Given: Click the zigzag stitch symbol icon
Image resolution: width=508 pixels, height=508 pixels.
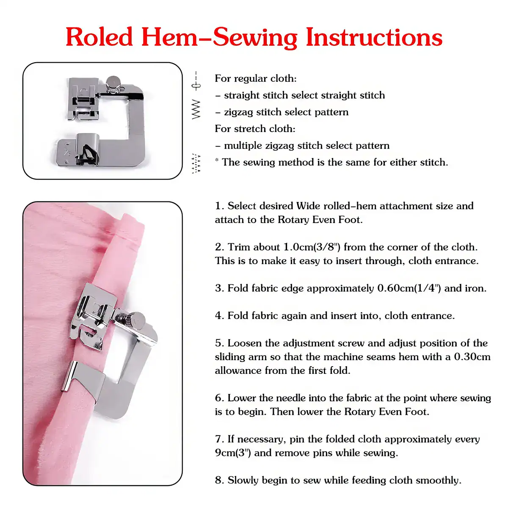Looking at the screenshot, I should pyautogui.click(x=196, y=109).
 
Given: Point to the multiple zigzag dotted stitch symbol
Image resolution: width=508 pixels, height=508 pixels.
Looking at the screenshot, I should pyautogui.click(x=196, y=163).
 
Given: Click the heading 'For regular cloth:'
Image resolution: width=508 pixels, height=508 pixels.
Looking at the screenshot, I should pyautogui.click(x=256, y=78).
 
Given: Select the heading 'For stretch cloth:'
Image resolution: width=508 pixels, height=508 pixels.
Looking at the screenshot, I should pyautogui.click(x=255, y=129).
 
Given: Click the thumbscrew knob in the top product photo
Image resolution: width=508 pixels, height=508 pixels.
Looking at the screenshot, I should pyautogui.click(x=113, y=83).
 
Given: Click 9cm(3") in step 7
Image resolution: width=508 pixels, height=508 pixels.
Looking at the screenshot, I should pyautogui.click(x=233, y=453).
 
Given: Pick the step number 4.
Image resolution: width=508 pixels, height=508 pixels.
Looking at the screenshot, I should pyautogui.click(x=218, y=316).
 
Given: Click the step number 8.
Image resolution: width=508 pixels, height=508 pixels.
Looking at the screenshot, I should pyautogui.click(x=218, y=480).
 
